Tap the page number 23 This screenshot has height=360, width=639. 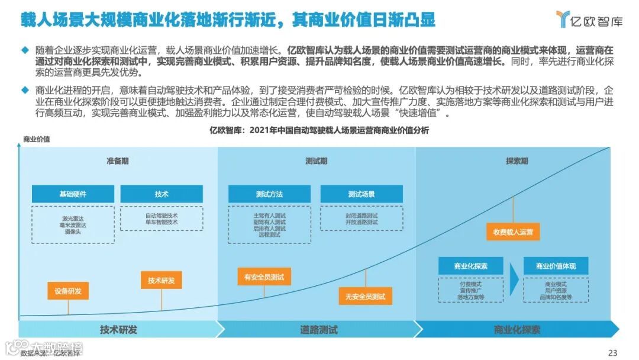(x=612, y=353)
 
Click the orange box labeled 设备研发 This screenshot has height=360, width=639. (x=68, y=291)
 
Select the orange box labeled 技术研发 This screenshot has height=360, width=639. (x=162, y=280)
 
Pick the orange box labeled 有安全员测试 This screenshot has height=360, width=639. (x=264, y=277)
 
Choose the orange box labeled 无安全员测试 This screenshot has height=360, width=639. (x=365, y=296)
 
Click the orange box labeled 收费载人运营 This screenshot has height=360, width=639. (x=513, y=232)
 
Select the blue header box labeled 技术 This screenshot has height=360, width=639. (x=162, y=194)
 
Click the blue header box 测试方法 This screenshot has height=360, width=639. (x=269, y=194)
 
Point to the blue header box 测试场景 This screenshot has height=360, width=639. (x=361, y=194)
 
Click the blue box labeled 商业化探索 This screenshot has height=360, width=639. (x=471, y=266)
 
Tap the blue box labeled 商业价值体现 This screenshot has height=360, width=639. (x=556, y=266)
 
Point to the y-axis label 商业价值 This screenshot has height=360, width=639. (x=37, y=140)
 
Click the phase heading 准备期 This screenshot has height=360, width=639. (x=117, y=161)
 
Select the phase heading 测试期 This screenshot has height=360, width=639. (x=316, y=161)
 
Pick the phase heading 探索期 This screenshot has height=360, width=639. (x=517, y=161)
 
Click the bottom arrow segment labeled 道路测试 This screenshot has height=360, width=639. (x=318, y=330)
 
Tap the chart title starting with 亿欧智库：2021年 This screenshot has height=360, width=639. (x=319, y=130)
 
